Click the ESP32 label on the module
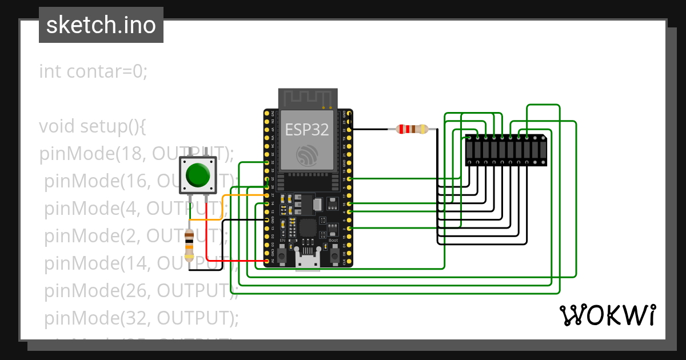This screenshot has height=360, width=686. pos(307,130)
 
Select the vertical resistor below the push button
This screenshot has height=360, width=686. pos(189,245)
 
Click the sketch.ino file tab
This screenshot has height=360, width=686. pos(101,25)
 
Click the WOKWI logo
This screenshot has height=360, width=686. pos(607,315)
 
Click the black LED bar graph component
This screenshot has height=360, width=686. pos(505,150)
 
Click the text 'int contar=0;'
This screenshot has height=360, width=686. pos(93,71)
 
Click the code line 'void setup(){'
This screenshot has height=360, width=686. pos(93,126)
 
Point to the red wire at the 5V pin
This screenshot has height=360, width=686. pos(240,261)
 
